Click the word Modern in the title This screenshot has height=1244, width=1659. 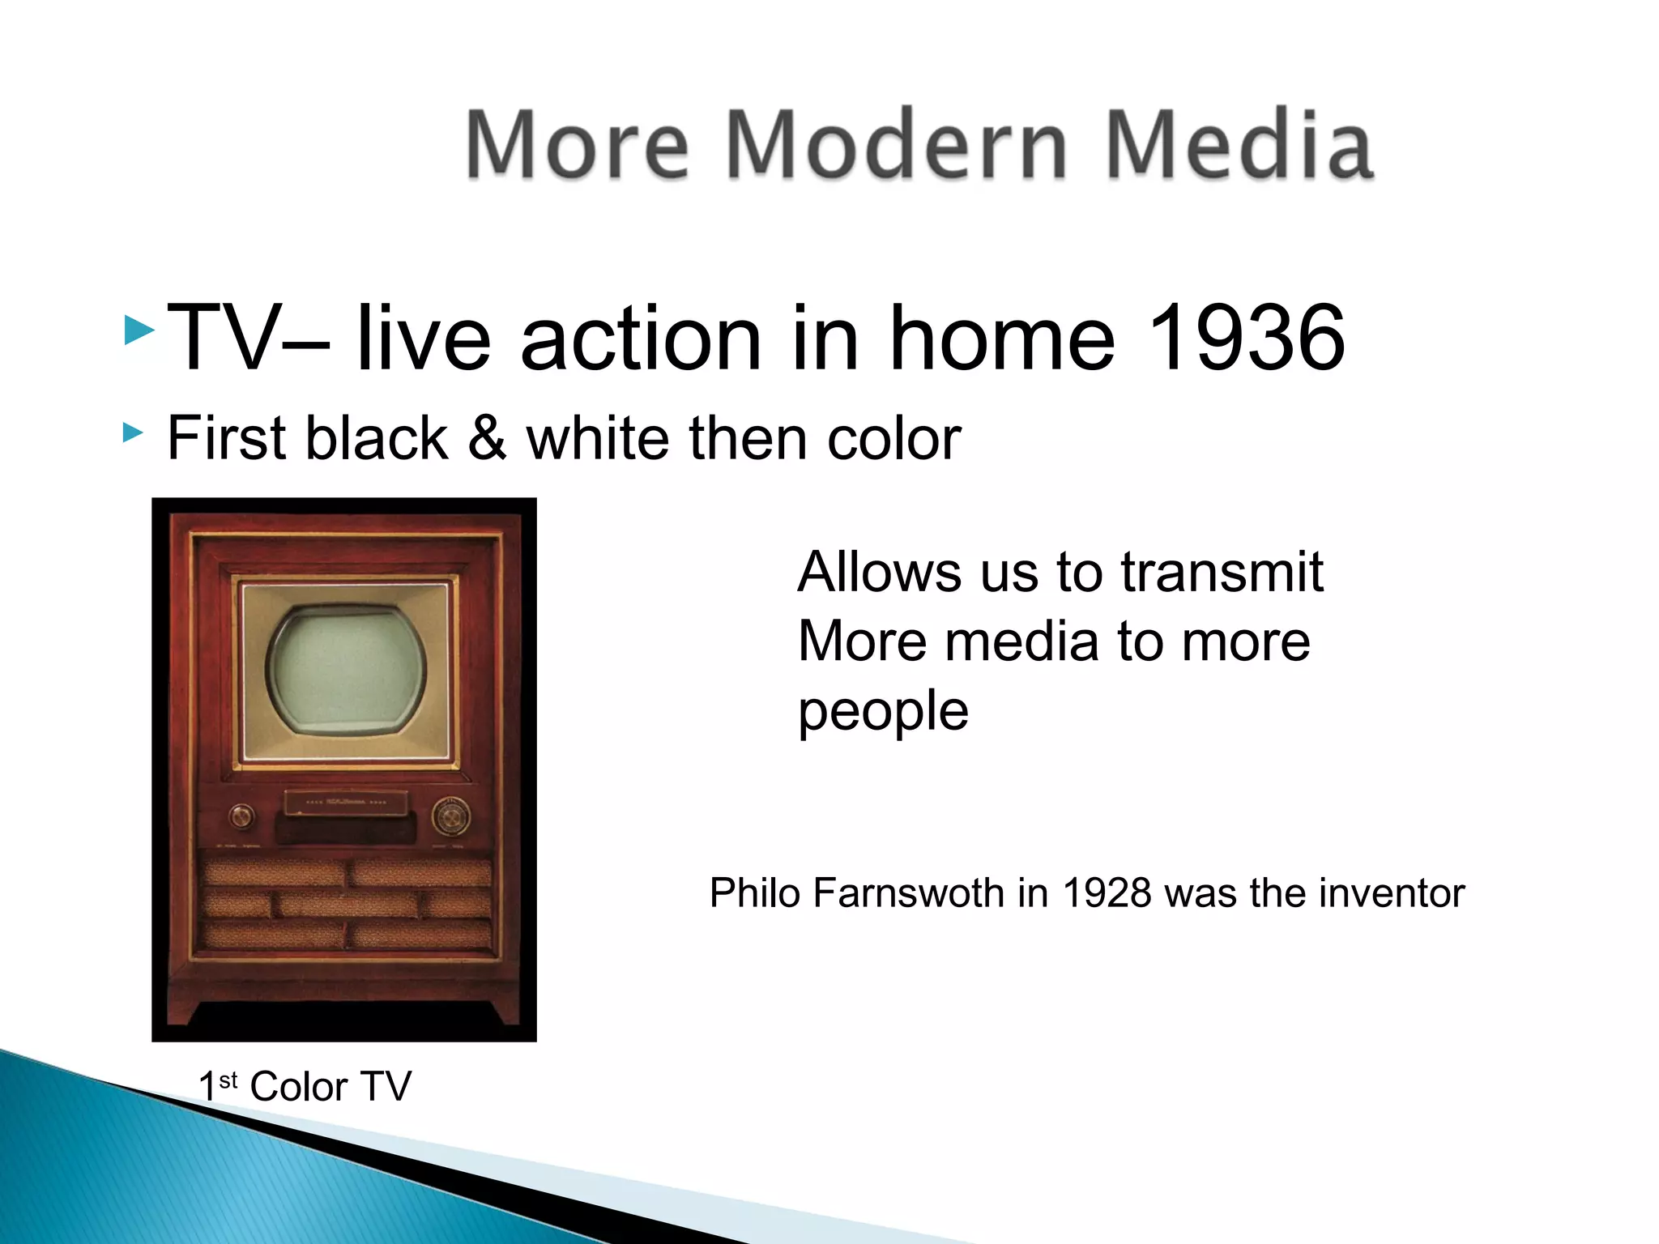pos(897,146)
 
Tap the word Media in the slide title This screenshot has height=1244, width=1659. pos(1239,146)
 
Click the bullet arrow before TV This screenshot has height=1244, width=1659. pos(139,331)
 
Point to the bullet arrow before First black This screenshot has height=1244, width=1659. pos(133,433)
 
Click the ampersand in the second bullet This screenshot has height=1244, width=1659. pos(487,438)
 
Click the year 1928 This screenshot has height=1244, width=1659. pos(1107,893)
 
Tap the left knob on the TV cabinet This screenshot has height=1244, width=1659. pos(241,816)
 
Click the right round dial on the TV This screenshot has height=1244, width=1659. pos(450,816)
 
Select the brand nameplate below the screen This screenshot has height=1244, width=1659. pos(346,803)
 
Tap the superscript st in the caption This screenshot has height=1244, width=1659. pos(228,1080)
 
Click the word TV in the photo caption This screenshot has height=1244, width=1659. pos(386,1087)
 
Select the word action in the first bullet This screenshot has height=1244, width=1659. pos(641,338)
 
